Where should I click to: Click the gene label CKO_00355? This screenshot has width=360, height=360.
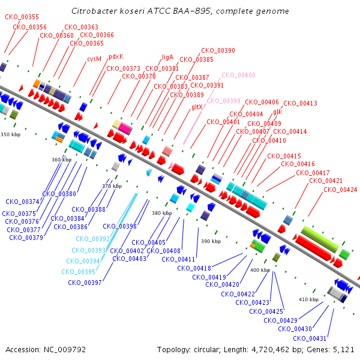pos(22,17)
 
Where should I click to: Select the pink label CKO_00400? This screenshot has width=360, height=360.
pos(238,75)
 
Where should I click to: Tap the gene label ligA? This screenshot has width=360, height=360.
pos(167,57)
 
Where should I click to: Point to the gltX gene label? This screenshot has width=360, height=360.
pos(197,107)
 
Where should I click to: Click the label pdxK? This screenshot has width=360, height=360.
pos(116,57)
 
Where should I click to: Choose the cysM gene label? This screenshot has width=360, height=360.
pos(94,59)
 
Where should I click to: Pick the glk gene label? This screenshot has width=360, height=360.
pos(278,112)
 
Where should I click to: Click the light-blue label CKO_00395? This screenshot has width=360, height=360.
pos(78,272)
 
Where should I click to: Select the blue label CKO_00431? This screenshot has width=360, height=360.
pos(310,338)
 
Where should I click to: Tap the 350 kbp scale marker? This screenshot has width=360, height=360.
pos(11,134)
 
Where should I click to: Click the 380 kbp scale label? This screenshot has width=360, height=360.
pos(161,213)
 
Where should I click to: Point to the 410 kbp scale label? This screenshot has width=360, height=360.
pos(308,299)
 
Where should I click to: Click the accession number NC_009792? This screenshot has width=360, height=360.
pos(65,350)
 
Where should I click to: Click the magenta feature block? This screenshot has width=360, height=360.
pos(125,128)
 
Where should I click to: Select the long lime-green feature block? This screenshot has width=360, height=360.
pos(320,239)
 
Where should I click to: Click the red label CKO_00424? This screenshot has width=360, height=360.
pos(340,190)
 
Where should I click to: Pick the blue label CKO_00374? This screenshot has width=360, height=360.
pos(23,202)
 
